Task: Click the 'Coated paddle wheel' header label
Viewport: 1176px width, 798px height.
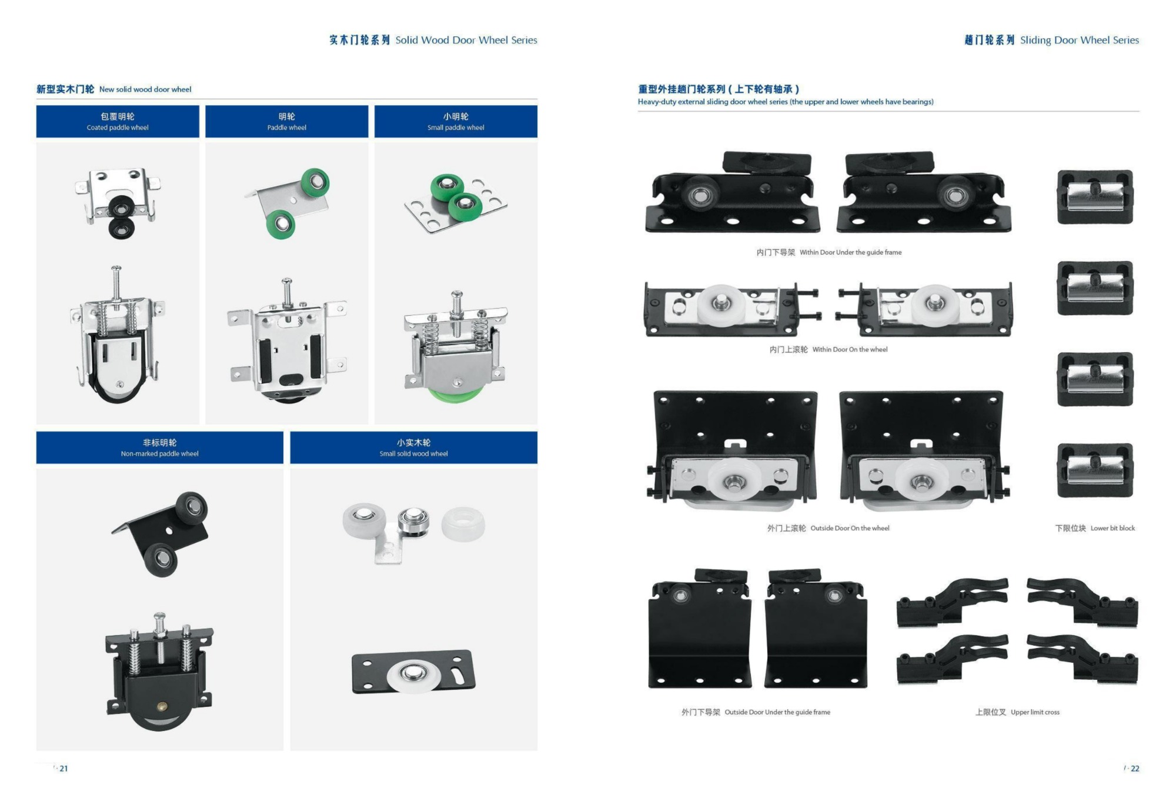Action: (118, 122)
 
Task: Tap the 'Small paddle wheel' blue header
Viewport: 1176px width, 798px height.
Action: (456, 122)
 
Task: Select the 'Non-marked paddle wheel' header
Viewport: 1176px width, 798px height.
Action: (159, 448)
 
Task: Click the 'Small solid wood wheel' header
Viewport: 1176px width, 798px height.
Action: (413, 448)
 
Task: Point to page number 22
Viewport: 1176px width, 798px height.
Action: (1135, 768)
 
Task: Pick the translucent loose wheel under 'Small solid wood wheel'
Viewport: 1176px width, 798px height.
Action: (463, 523)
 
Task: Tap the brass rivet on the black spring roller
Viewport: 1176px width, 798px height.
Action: (163, 706)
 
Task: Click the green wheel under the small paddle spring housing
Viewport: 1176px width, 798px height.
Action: (455, 393)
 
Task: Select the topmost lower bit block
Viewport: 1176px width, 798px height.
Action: (1095, 197)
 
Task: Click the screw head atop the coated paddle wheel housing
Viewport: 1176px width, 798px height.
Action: (116, 269)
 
